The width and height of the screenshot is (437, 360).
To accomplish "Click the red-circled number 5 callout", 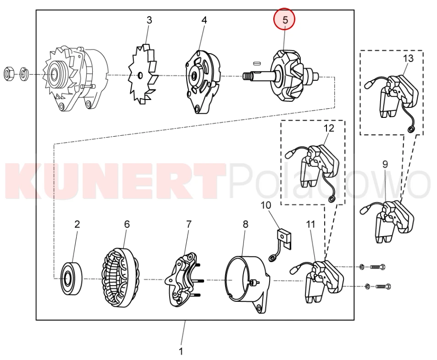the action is coord(285,20).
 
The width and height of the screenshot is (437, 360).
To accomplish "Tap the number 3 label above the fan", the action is coord(149,20).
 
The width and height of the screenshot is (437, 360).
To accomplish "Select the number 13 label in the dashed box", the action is coord(408,59).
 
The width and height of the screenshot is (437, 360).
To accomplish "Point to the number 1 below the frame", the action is coord(181,351).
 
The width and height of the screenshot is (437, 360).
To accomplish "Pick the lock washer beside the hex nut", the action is coord(23,74).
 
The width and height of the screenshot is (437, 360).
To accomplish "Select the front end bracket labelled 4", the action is coord(203,83).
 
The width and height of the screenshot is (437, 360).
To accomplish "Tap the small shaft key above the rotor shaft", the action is coord(256,63).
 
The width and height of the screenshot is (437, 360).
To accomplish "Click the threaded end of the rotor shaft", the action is coord(247,76).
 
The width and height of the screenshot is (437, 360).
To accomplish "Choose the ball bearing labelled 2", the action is coord(72,278).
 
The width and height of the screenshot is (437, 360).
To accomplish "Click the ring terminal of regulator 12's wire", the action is coord(332,199).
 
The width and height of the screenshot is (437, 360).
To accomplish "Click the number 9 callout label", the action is coord(385,164).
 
